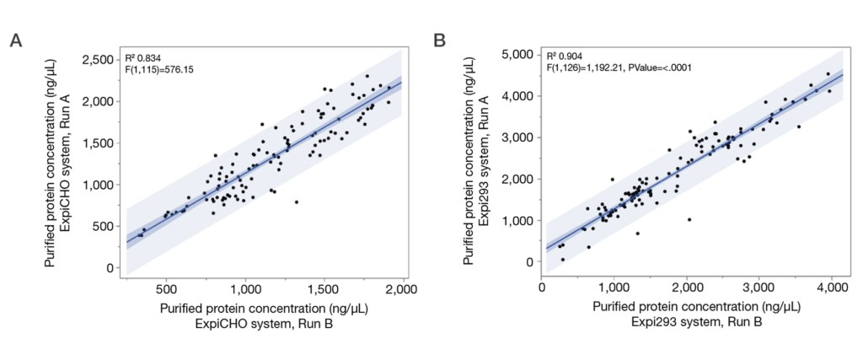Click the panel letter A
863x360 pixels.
15,41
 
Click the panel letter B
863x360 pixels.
439,41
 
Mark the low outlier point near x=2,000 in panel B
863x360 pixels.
689,219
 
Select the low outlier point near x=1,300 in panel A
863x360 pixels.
296,201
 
